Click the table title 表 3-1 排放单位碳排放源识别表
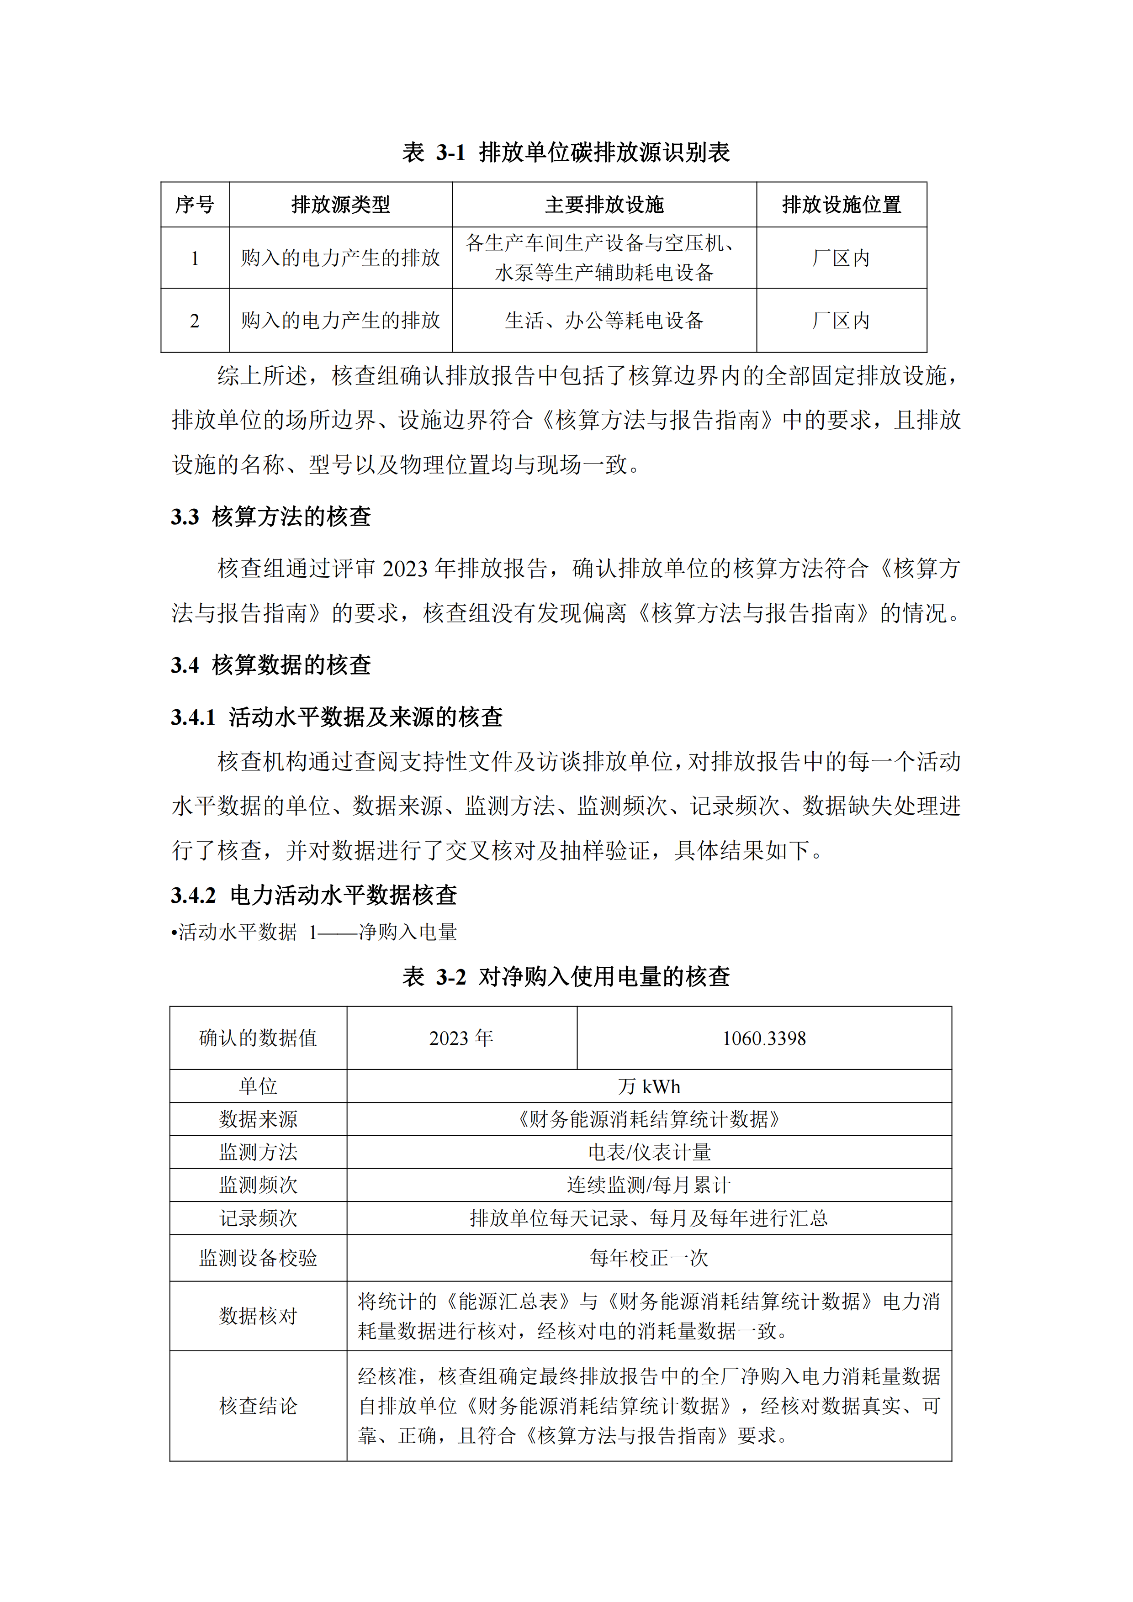pyautogui.click(x=566, y=152)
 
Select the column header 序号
pyautogui.click(x=194, y=205)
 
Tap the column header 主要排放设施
pyautogui.click(x=604, y=205)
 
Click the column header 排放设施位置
pyautogui.click(x=841, y=205)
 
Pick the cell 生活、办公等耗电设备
pyautogui.click(x=604, y=320)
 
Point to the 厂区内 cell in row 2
pyautogui.click(x=841, y=320)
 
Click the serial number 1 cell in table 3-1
pyautogui.click(x=195, y=258)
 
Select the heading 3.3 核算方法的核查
pyautogui.click(x=271, y=516)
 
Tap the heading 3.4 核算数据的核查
pyautogui.click(x=271, y=664)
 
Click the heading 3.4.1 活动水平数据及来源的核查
pyautogui.click(x=337, y=717)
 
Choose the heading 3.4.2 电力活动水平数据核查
pyautogui.click(x=314, y=895)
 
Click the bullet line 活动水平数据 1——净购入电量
pyautogui.click(x=314, y=932)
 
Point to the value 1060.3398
pyautogui.click(x=764, y=1038)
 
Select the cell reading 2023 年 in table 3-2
pyautogui.click(x=461, y=1038)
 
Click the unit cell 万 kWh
pyautogui.click(x=649, y=1086)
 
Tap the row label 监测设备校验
pyautogui.click(x=258, y=1258)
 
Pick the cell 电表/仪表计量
pyautogui.click(x=649, y=1152)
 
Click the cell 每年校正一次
pyautogui.click(x=649, y=1258)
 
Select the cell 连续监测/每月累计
pyautogui.click(x=649, y=1185)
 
